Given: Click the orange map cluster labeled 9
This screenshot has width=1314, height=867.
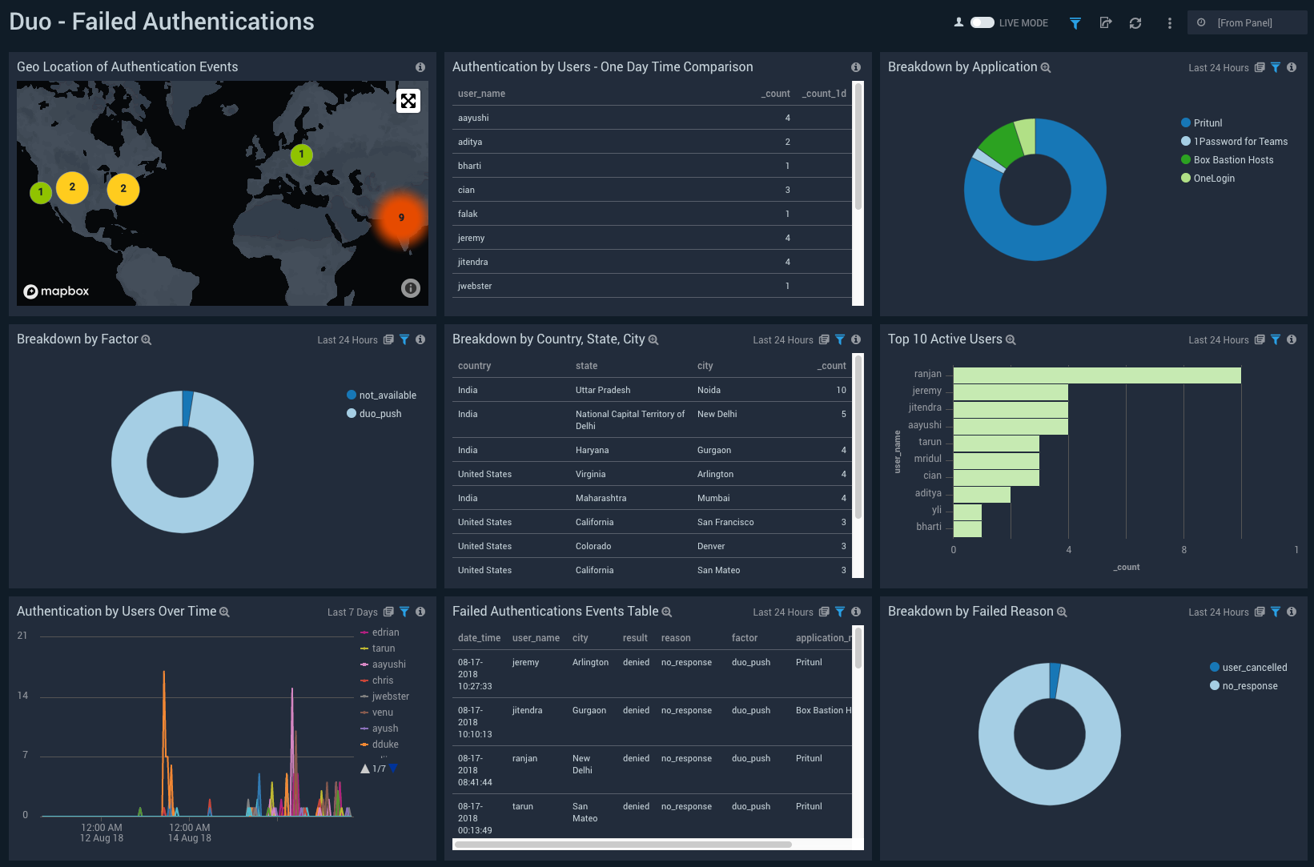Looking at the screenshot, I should tap(401, 218).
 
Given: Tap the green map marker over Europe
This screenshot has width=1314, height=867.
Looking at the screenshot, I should tap(301, 155).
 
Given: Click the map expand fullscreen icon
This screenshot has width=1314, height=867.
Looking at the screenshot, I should tap(408, 101).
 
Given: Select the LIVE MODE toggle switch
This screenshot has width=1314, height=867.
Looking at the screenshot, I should tap(982, 22).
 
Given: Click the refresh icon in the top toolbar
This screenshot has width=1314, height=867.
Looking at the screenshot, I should tap(1135, 23).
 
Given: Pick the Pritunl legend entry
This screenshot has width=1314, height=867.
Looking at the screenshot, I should tap(1207, 123).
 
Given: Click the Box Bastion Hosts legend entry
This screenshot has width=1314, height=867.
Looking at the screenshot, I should tap(1232, 160).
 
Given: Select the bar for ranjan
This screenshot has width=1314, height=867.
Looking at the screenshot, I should tap(1096, 375).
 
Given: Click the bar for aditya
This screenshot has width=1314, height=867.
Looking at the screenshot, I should tap(981, 494).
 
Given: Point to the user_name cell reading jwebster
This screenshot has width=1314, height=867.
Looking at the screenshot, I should tap(475, 286).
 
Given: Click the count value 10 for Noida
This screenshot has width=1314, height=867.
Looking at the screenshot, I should tap(841, 390).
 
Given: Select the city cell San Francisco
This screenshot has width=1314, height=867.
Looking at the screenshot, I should tap(725, 522).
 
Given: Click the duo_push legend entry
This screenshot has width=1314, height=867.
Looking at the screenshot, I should tap(380, 414).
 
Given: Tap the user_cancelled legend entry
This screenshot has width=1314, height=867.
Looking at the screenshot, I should tap(1254, 668).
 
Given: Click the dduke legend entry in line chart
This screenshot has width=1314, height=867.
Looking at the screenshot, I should tap(384, 745).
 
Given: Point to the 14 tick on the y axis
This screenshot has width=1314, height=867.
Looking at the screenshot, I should tap(22, 696).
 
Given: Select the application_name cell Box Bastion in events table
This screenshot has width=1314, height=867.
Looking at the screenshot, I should tap(822, 710).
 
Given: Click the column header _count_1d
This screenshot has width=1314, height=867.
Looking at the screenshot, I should tap(824, 94).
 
